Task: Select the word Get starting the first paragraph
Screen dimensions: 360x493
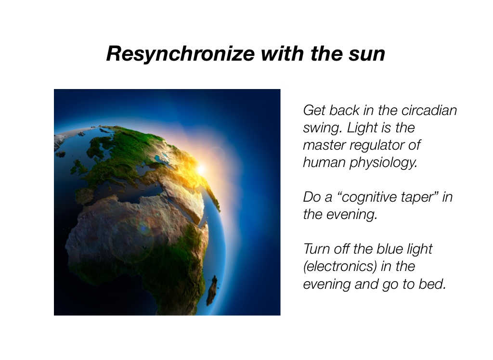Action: [314, 111]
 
